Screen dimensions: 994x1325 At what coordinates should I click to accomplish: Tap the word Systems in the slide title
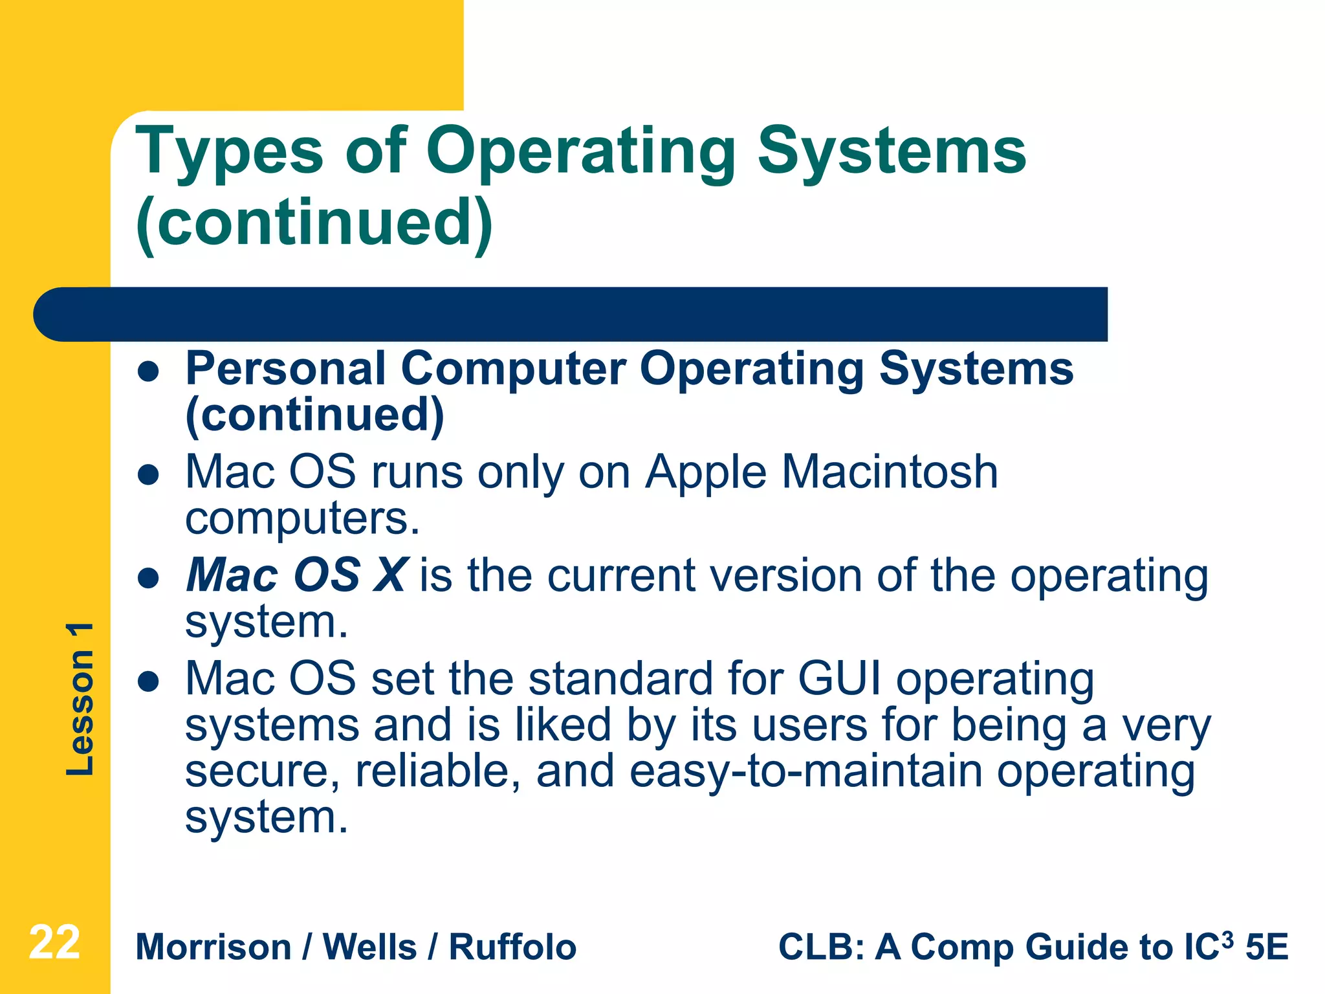coord(892,153)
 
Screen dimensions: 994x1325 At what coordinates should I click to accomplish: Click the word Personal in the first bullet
coord(286,369)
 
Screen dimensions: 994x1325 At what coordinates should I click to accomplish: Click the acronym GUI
coord(839,679)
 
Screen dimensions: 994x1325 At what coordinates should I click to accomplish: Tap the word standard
coord(620,679)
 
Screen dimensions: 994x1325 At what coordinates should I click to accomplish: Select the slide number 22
coord(54,943)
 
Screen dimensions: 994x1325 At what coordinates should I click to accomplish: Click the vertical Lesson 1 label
coord(80,699)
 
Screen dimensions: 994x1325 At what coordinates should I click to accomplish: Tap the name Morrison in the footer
coord(214,947)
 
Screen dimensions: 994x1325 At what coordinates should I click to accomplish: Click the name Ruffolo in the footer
coord(512,947)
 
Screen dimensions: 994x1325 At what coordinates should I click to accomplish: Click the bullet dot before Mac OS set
coord(149,681)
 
